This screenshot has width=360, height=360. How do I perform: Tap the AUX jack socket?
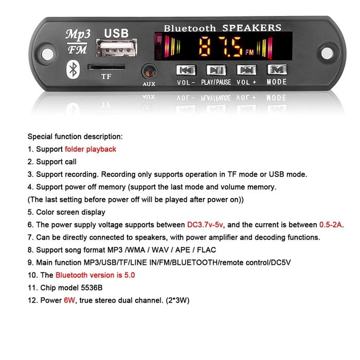pos(149,71)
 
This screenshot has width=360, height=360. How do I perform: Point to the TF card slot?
pos(106,67)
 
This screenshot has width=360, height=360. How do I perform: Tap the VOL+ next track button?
pos(246,69)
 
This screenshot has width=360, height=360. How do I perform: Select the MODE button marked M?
pos(277,69)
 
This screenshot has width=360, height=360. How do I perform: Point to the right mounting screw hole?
pos(326,51)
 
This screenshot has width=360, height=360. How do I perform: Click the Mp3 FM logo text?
pos(78,42)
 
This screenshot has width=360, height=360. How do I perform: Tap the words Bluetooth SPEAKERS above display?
pos(222,28)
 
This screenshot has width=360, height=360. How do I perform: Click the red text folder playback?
pos(91,149)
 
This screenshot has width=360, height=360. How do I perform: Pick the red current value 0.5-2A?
pos(331,225)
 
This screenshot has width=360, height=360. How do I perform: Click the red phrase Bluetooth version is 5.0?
pos(95,275)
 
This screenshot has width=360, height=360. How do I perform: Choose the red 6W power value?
pos(69,300)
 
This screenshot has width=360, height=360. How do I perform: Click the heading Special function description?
pos(75,137)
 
